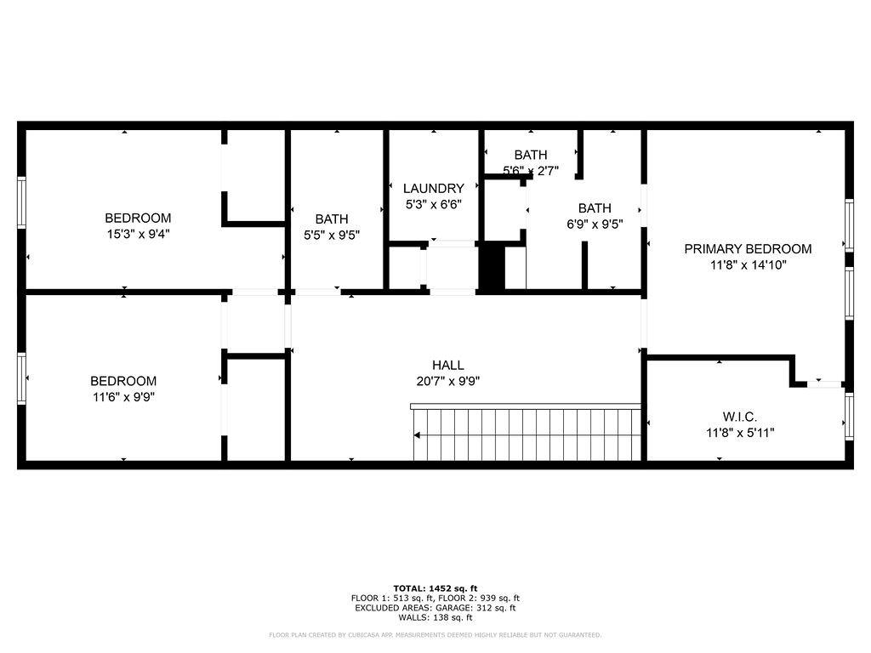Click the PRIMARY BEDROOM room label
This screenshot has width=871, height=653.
click(748, 249)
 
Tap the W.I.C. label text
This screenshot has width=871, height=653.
click(739, 417)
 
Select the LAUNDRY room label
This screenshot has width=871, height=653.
click(433, 189)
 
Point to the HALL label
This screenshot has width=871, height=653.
click(447, 366)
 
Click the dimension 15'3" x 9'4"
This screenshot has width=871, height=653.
click(138, 233)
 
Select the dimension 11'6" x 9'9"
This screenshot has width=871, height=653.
click(123, 396)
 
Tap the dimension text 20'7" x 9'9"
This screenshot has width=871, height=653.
click(447, 381)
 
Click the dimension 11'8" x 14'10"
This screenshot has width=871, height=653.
click(748, 264)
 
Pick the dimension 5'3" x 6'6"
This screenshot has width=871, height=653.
click(433, 204)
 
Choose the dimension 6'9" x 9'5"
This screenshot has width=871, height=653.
click(595, 224)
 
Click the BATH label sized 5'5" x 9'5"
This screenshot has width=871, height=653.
click(331, 219)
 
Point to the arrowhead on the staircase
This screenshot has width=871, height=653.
click(417, 435)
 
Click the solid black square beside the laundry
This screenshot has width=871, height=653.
click(491, 267)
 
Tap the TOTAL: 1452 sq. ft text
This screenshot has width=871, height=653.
click(435, 588)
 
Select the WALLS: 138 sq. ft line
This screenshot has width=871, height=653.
click(435, 617)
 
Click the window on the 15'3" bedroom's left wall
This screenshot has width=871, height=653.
click(22, 202)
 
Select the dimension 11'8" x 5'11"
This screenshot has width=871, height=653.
click(739, 432)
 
